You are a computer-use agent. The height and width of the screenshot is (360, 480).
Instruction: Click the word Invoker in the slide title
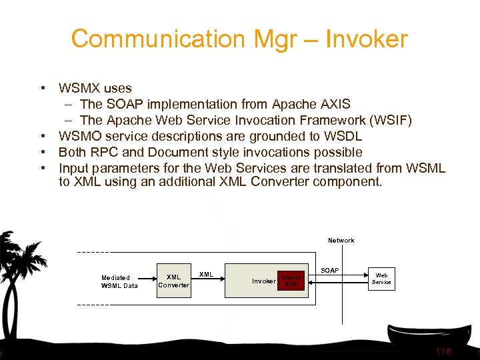click(x=366, y=39)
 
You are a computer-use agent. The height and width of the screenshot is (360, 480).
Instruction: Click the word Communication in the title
click(x=157, y=39)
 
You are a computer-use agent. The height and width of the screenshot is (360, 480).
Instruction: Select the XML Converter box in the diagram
click(x=173, y=281)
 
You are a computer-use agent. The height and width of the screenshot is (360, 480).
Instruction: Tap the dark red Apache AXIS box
click(x=291, y=281)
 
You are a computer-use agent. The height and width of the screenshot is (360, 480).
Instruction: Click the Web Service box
click(x=381, y=278)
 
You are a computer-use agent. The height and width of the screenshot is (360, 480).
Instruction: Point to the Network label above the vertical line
click(x=341, y=240)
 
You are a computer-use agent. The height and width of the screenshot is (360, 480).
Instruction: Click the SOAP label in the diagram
click(x=330, y=271)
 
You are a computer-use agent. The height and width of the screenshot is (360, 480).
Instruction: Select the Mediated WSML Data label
click(x=119, y=281)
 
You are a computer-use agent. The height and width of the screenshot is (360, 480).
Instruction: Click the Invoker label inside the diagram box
click(x=263, y=281)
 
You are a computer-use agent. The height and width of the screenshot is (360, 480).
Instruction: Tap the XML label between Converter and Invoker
click(x=207, y=274)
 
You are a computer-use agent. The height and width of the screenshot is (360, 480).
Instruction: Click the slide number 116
click(x=443, y=351)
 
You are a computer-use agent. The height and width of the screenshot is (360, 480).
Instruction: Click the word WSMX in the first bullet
click(x=79, y=88)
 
